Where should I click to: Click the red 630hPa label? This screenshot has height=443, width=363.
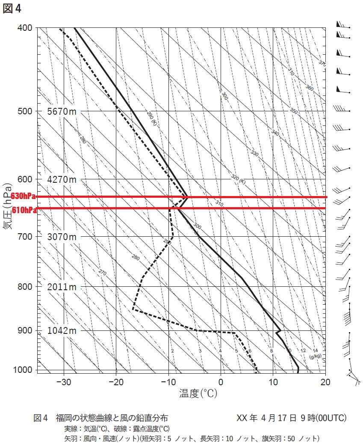tap(24, 196)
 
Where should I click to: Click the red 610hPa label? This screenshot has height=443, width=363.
tap(24, 210)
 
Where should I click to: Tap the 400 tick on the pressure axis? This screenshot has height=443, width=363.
tap(25, 28)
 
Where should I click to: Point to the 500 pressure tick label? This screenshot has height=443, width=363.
tap(25, 111)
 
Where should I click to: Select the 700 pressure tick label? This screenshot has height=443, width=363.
tap(25, 237)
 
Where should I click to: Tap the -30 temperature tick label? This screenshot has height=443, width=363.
tap(63, 382)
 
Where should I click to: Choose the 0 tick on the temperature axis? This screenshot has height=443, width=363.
tap(221, 382)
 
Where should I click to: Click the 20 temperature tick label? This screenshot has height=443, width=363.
tap(326, 382)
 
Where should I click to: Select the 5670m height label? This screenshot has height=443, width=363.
tap(62, 112)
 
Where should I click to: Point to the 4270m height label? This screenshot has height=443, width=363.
tap(62, 180)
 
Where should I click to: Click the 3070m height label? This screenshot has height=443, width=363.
tap(62, 237)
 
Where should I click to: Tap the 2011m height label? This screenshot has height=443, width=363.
tap(62, 287)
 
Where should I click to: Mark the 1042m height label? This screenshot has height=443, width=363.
tap(62, 331)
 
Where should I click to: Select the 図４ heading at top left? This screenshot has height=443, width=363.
tap(12, 9)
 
